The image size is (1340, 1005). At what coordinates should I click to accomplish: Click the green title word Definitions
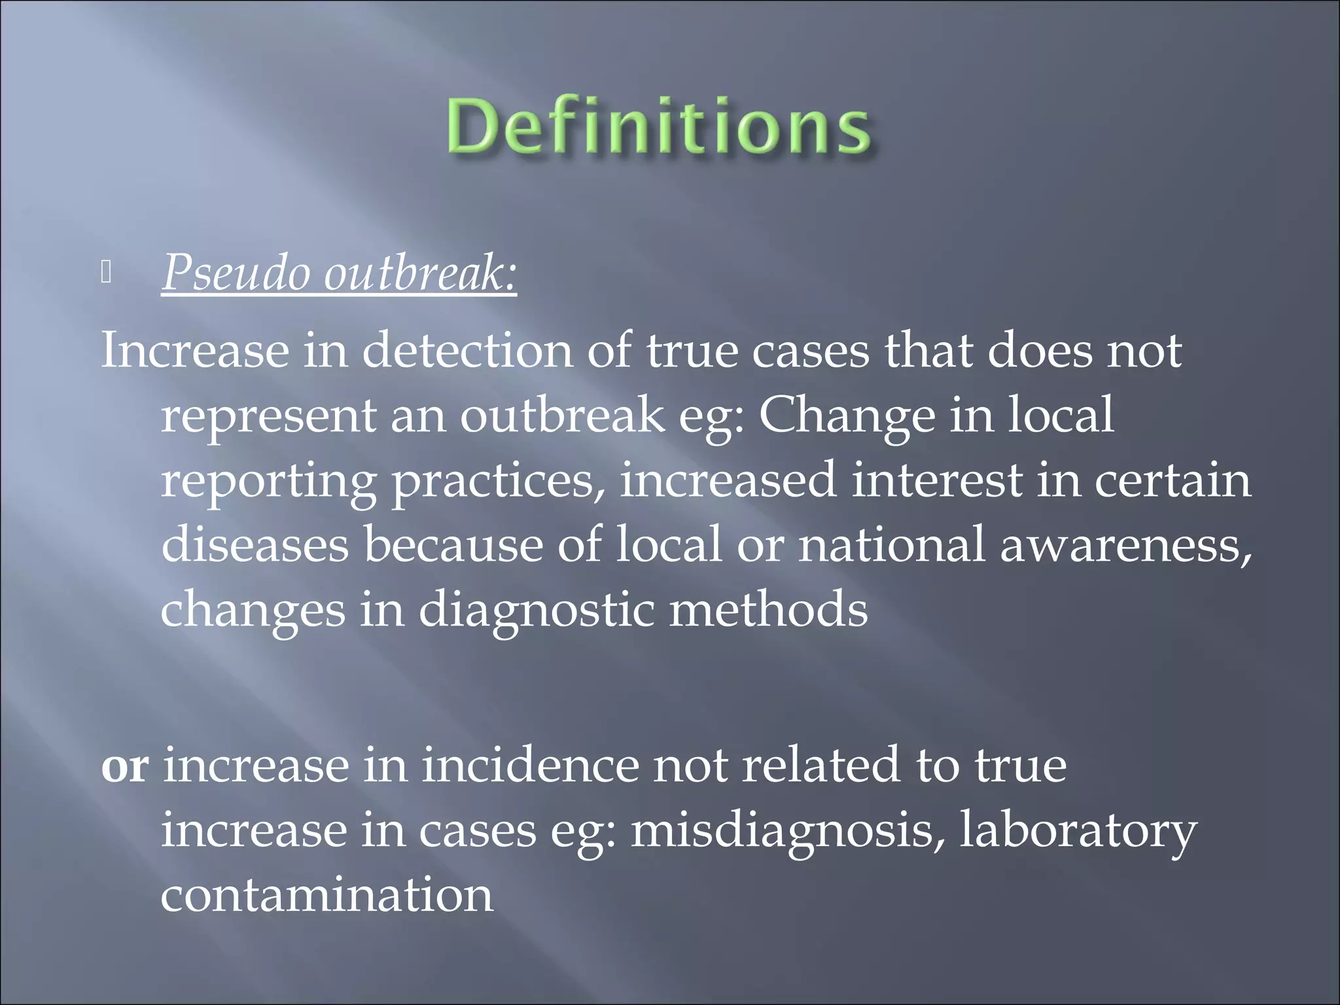pos(659,126)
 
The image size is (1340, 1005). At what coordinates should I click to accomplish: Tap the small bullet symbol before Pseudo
pos(107,273)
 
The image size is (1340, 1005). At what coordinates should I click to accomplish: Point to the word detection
pos(467,351)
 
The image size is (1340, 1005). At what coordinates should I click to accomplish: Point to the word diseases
pos(255,544)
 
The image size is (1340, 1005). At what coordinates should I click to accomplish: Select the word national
pos(891,544)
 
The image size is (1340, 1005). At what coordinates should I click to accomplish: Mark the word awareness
pos(1125,544)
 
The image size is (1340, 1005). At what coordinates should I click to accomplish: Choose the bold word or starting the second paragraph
pos(124,766)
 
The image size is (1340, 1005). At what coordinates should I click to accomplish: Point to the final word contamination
pos(326,894)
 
